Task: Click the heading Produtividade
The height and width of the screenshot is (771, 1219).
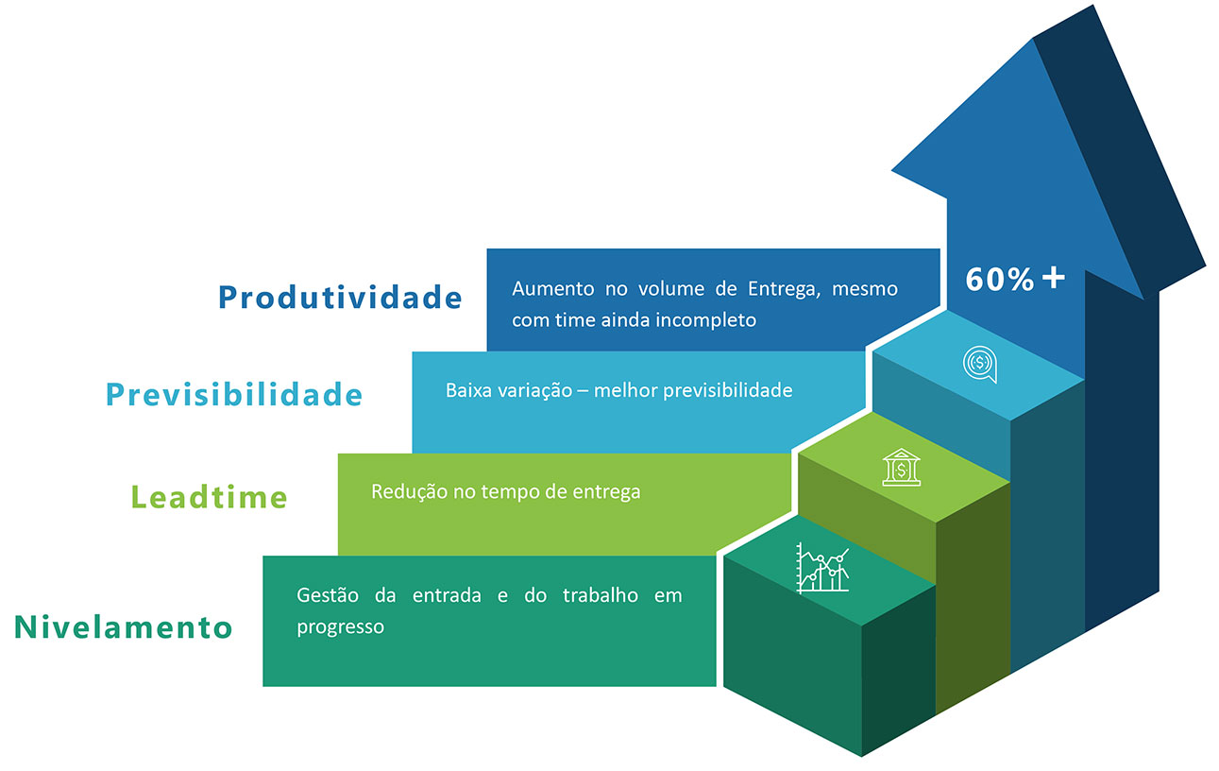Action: click(340, 298)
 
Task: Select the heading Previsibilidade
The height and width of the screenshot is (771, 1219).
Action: click(234, 394)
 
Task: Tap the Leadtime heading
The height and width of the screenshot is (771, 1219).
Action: click(209, 497)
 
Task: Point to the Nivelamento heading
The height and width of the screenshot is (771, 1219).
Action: click(123, 626)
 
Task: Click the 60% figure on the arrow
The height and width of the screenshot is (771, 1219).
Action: click(999, 280)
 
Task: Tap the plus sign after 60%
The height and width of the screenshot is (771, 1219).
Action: click(1054, 278)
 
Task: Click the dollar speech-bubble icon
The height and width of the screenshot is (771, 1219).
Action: click(980, 364)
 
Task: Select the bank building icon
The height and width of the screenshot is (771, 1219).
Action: click(901, 467)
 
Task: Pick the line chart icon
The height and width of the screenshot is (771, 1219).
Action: click(822, 568)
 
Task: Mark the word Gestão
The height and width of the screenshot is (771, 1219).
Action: click(328, 595)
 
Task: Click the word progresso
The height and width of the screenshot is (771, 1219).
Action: click(341, 627)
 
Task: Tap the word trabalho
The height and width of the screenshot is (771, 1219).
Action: click(601, 595)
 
